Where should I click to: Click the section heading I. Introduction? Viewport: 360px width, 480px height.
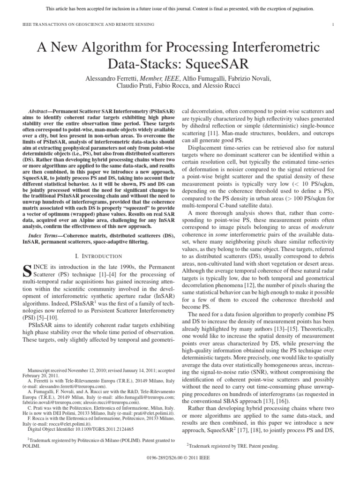click(99, 256)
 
